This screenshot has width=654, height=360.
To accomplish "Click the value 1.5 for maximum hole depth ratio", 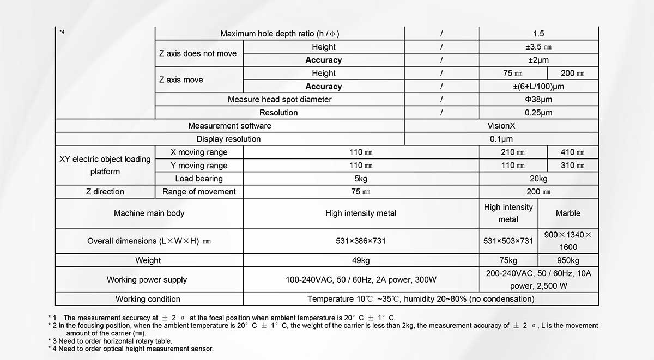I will (538, 34).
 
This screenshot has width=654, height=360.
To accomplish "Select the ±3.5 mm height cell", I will (538, 47).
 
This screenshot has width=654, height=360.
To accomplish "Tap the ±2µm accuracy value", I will (538, 60).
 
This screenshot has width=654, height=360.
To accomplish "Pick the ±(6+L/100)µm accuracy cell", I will (538, 87).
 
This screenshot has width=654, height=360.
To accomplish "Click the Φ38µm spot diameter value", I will (538, 100).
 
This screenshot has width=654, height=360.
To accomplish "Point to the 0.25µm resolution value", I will (538, 113).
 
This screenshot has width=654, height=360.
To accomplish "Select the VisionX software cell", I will (501, 126).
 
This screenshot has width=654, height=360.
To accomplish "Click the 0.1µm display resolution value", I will (501, 139).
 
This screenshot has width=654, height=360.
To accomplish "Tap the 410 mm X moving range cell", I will (572, 152).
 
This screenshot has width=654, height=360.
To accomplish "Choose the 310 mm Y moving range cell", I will (572, 166).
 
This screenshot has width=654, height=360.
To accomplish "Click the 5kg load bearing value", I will (361, 179).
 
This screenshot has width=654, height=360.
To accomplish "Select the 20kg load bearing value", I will (538, 179).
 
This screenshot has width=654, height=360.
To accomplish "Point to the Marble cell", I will (568, 213).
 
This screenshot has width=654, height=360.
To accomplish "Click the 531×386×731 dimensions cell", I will (361, 241).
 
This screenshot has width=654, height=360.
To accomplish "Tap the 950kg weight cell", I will (568, 260).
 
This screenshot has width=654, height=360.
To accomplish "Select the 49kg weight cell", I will (361, 260).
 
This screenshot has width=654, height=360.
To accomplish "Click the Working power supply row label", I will (147, 280).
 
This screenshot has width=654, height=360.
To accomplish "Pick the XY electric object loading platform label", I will (105, 166).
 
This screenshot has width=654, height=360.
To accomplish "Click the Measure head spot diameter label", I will (280, 100).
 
